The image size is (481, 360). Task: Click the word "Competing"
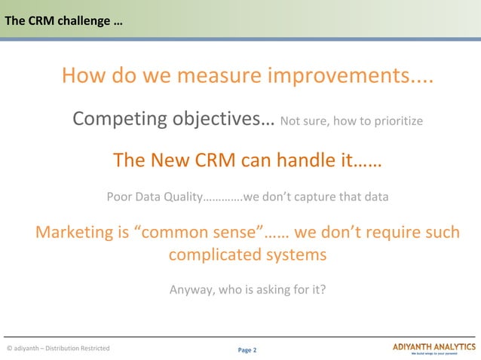[120, 119]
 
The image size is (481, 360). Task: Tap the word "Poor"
[120, 198]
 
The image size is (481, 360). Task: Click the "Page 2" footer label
[247, 350]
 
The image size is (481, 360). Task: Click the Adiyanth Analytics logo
[434, 347]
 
